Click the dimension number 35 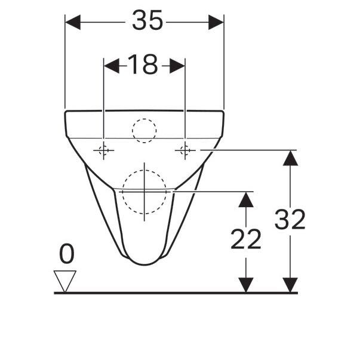(147, 22)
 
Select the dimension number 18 (143, 65)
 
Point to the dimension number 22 (246, 239)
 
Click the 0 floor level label (67, 255)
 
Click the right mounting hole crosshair (184, 150)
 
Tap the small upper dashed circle (144, 130)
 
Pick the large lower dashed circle (144, 192)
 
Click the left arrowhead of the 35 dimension (72, 23)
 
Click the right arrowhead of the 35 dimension (216, 23)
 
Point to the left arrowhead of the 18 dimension (112, 66)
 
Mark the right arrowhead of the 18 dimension (177, 66)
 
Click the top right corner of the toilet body (223, 112)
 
